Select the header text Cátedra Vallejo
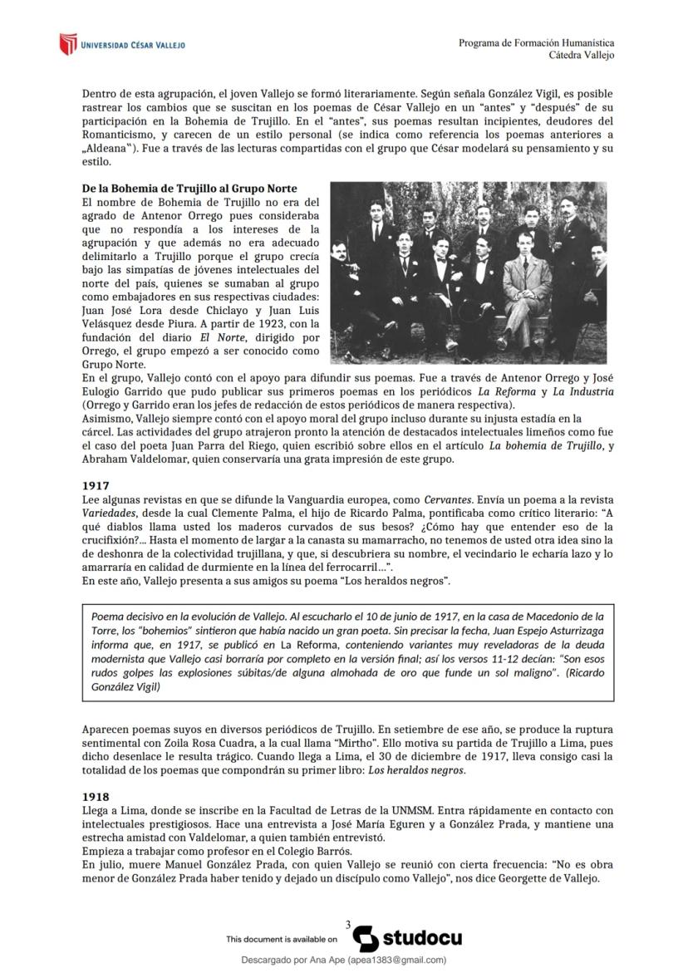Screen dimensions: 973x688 (582, 55)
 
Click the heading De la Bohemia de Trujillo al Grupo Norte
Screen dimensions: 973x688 (189, 189)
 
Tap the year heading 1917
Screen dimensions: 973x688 (96, 484)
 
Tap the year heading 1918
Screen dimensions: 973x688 (96, 797)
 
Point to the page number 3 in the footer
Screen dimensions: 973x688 (348, 924)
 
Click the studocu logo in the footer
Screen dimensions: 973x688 (407, 938)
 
